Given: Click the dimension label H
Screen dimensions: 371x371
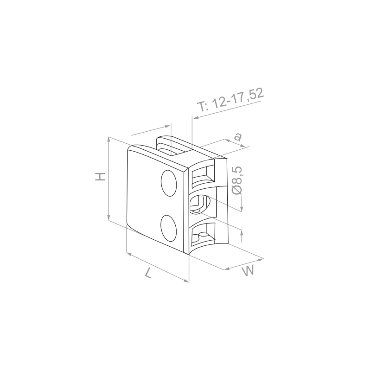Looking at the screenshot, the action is pos(100,177).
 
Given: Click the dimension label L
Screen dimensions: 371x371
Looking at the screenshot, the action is pos(148,273).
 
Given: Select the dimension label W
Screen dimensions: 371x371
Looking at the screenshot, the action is pos(248,271).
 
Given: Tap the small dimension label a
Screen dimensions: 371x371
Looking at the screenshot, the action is pos(238,137).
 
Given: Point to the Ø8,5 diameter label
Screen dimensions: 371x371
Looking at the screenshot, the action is pos(237,180).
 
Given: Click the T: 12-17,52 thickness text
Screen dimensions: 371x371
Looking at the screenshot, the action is pos(230,100).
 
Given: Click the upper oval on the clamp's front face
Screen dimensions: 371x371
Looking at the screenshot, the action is pos(169,183).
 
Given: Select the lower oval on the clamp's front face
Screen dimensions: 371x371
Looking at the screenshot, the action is pos(168,228).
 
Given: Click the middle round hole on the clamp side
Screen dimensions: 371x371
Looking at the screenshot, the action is pos(200,205).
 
